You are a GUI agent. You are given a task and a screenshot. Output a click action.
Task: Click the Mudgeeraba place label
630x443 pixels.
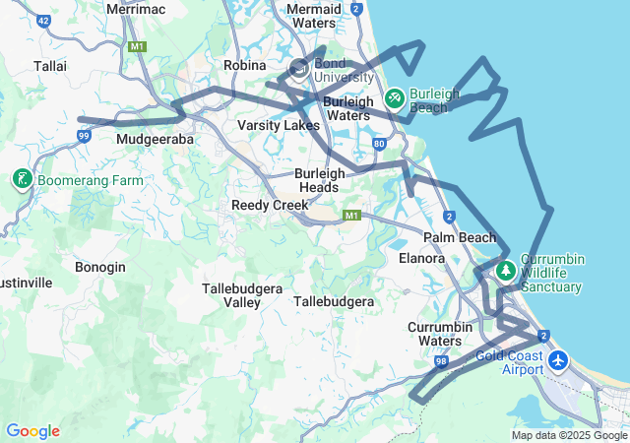(156, 139)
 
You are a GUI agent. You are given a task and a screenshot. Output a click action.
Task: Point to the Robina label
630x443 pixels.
(245, 65)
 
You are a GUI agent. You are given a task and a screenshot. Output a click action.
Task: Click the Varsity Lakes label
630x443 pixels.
(279, 125)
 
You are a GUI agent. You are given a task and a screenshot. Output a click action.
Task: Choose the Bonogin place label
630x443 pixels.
(101, 267)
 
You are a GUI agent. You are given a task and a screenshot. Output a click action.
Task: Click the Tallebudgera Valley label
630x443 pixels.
(242, 295)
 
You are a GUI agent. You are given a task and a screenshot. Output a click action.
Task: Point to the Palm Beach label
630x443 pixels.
(460, 237)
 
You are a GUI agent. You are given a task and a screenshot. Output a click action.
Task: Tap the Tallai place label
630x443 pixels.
(50, 65)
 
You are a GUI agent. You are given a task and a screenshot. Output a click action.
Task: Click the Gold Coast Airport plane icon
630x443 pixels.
(559, 360)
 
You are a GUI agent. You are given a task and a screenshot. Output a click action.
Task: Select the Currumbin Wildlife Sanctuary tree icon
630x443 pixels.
(506, 270)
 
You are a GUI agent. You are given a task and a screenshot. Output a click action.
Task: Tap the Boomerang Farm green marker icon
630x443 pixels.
(22, 179)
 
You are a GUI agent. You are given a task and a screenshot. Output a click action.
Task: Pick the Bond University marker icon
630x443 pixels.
(299, 69)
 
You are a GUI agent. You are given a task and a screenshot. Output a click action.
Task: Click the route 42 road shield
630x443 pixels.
(42, 20)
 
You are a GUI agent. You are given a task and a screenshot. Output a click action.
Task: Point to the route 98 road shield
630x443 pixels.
(440, 362)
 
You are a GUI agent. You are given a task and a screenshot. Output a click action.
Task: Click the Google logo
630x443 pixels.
(32, 431)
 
